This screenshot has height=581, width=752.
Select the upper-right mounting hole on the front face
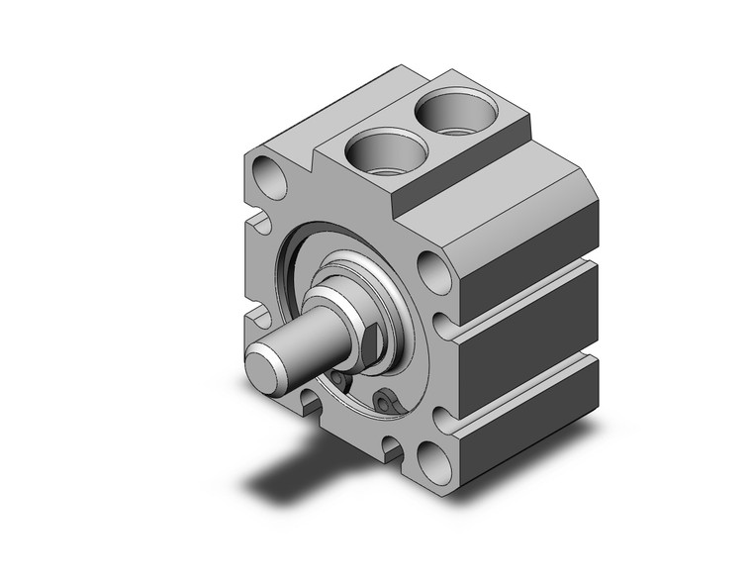(431, 268)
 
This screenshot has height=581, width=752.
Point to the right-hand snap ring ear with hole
(387, 400)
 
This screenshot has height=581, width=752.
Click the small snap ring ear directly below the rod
(338, 380)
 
